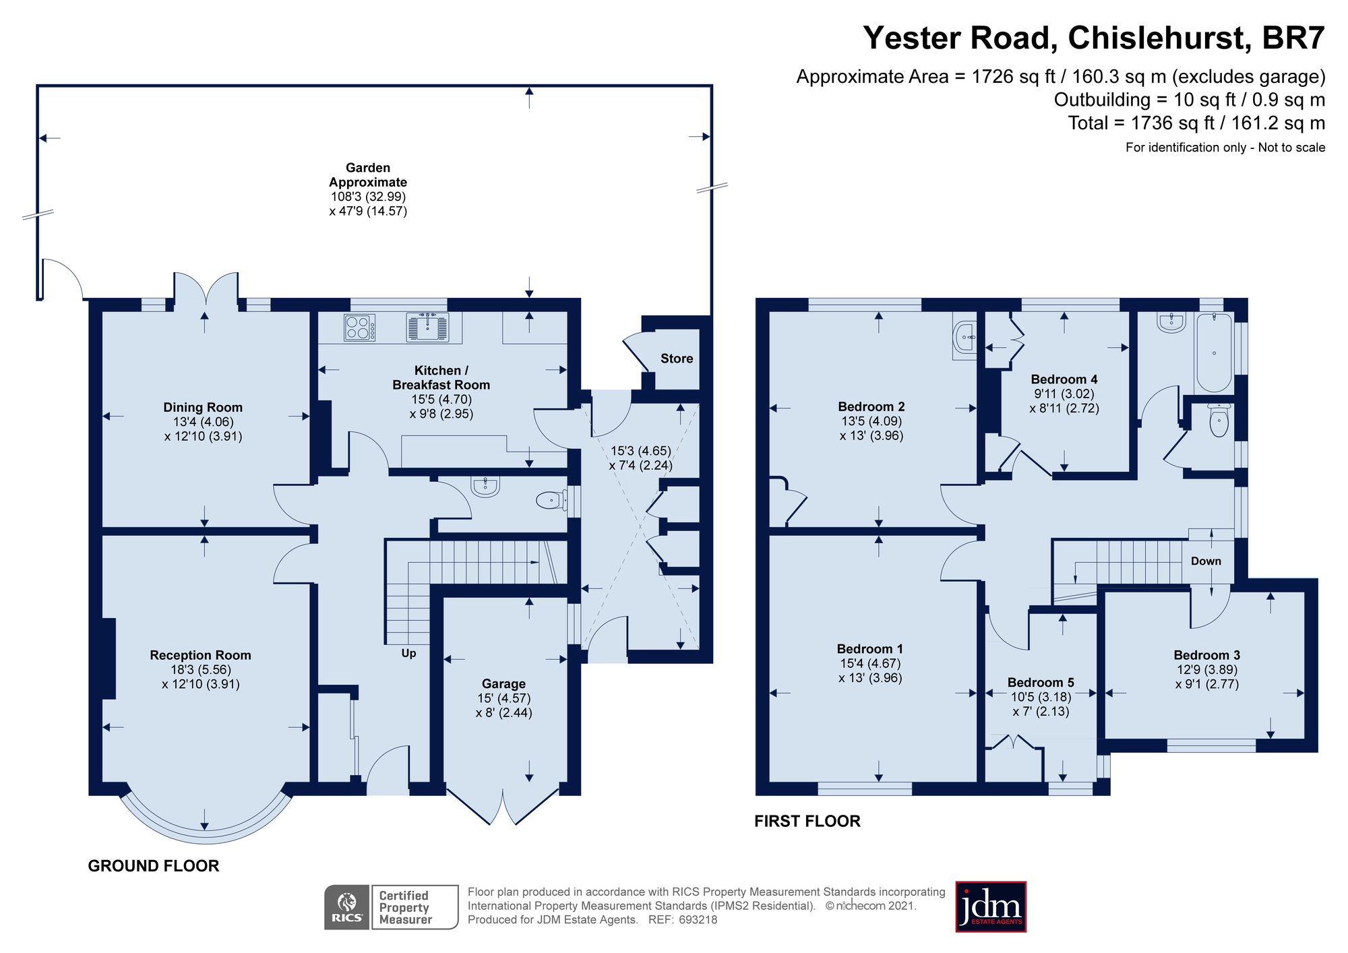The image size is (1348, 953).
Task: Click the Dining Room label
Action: click(x=203, y=407)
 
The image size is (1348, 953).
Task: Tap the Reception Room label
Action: click(x=200, y=655)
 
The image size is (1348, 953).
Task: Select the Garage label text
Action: click(x=503, y=683)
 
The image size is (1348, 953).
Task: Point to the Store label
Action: click(x=677, y=359)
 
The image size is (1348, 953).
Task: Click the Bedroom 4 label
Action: click(x=1064, y=379)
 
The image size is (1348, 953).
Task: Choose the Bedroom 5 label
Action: click(x=1041, y=683)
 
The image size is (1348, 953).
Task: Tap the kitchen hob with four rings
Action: click(x=360, y=328)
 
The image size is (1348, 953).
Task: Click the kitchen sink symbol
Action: click(x=427, y=326)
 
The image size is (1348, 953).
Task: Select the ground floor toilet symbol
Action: click(x=552, y=499)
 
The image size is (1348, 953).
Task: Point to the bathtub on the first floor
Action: click(x=1214, y=352)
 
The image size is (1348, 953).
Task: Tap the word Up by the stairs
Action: click(x=408, y=653)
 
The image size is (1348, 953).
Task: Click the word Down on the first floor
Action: click(x=1206, y=561)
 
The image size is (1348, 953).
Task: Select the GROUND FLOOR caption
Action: click(x=154, y=866)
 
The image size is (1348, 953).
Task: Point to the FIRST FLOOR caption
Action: click(x=807, y=821)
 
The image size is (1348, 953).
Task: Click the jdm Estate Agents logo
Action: click(x=991, y=906)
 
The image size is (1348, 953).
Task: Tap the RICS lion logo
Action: click(x=347, y=907)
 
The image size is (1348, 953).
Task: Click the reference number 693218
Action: click(x=698, y=920)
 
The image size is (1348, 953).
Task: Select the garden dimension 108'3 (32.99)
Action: click(x=368, y=197)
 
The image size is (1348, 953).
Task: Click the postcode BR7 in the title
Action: click(x=1293, y=38)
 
